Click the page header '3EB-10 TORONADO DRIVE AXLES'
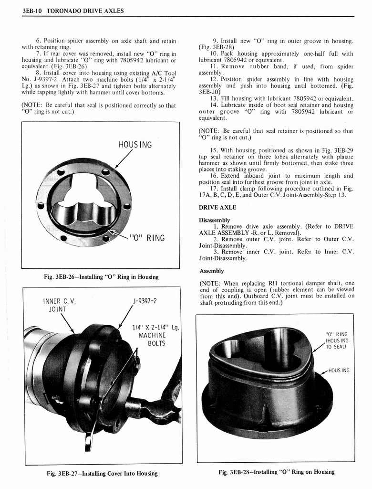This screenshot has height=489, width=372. [72, 10]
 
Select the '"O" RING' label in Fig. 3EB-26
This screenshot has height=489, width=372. [146, 238]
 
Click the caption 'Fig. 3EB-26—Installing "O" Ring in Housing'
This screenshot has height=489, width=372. [101, 277]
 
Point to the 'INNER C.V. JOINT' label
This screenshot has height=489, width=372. [59, 305]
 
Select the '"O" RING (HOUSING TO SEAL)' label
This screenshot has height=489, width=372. [336, 340]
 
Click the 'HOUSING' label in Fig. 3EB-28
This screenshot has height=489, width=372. [339, 370]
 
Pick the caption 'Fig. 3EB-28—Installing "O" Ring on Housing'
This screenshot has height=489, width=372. [277, 472]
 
